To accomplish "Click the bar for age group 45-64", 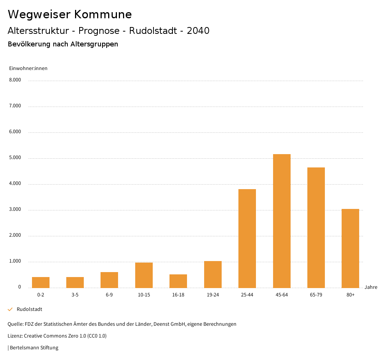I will tap(281, 221).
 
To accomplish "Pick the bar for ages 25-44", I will tap(247, 238).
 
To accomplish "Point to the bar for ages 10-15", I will tap(144, 275).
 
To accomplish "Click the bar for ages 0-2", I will tap(41, 282).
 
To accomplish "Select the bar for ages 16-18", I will tap(178, 281).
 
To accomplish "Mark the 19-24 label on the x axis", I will tap(213, 295).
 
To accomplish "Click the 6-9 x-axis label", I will tap(109, 295).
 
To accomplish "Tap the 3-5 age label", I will tap(75, 295).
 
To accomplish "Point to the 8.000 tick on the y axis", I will tap(15, 80).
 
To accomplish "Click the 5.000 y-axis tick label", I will tap(15, 158).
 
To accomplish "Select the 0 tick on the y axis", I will tap(19, 287).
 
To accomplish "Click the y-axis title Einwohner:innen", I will tap(28, 68).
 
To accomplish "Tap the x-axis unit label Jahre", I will tap(371, 287).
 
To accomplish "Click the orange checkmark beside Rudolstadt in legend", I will tap(10, 309).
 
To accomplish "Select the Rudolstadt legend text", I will tap(29, 309).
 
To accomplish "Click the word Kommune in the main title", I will tap(103, 14).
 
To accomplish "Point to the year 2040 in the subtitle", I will tap(198, 31).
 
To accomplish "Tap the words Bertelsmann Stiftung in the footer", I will tap(34, 347).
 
